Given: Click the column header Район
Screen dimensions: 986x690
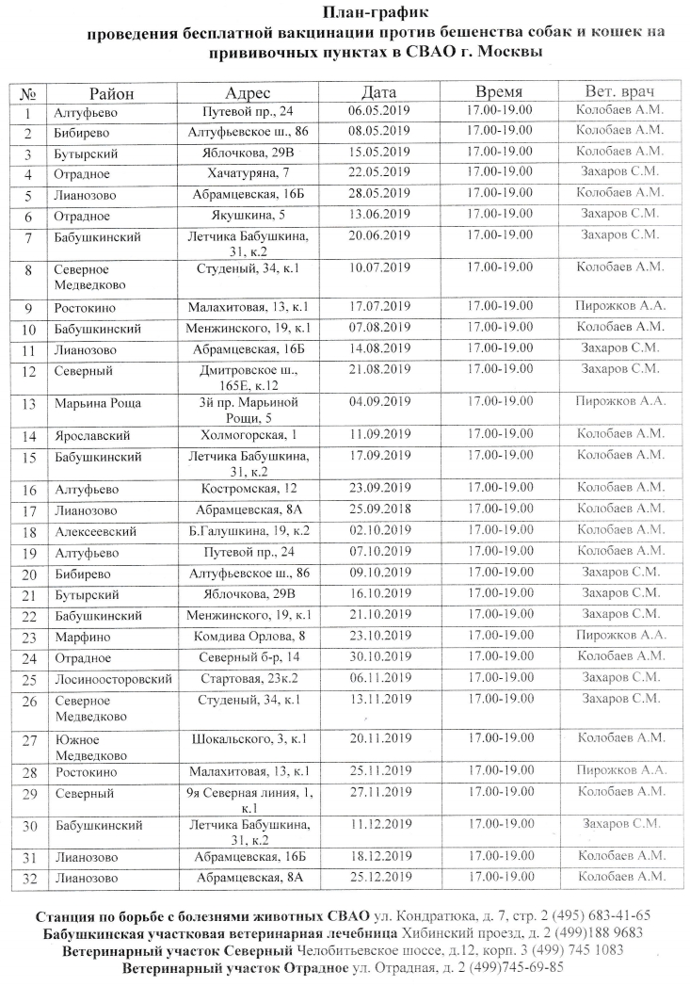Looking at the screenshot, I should point(111,92).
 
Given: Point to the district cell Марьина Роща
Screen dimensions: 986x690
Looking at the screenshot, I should point(98,403).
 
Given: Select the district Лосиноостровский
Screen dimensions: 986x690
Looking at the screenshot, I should point(113,678).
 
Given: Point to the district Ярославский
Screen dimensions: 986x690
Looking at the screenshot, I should point(91,436).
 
